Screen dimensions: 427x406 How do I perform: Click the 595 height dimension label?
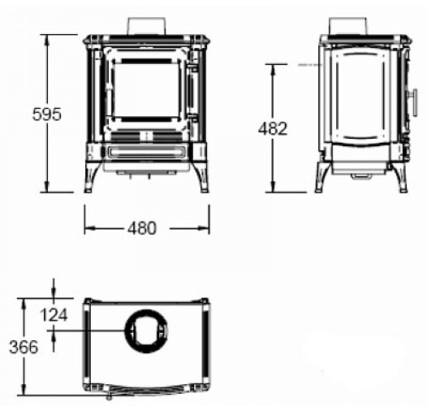click(x=47, y=114)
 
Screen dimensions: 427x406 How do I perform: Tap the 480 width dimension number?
click(x=142, y=228)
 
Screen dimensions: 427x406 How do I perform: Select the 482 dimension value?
click(x=273, y=128)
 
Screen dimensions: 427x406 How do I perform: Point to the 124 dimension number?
click(x=54, y=315)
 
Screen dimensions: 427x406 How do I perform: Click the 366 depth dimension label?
click(x=24, y=348)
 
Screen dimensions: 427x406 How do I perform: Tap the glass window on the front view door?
click(x=146, y=90)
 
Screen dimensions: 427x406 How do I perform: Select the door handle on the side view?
click(x=413, y=102)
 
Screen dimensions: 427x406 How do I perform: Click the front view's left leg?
click(x=91, y=177)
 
